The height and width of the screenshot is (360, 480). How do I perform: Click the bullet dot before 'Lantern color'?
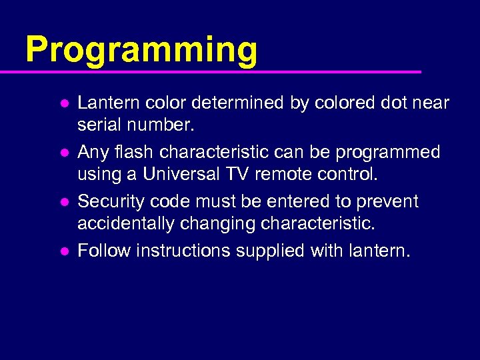(63, 104)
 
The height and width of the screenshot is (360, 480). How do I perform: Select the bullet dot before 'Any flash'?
(63, 153)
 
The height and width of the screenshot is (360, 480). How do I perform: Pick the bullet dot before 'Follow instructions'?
(63, 252)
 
